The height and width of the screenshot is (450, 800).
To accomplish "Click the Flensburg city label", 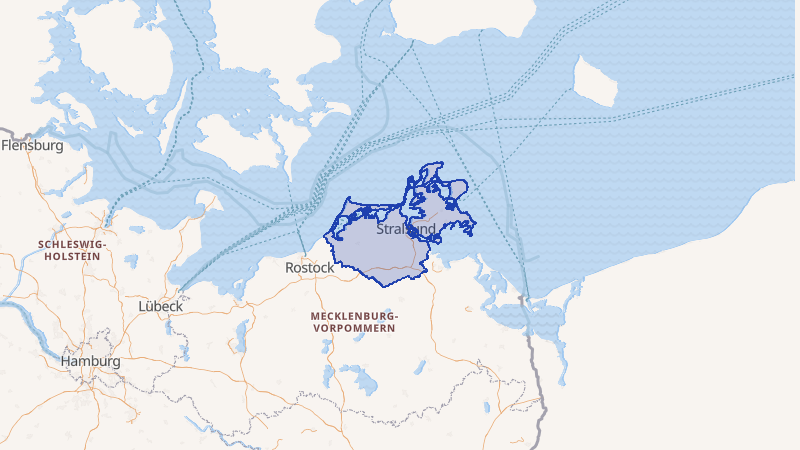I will coord(32,145).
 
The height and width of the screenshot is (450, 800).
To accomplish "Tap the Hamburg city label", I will coord(90,361).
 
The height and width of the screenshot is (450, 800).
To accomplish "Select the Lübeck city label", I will coord(159,305).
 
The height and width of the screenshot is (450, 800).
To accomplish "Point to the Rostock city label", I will coord(310,268).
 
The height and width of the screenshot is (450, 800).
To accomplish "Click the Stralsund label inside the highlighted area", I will coord(406,229).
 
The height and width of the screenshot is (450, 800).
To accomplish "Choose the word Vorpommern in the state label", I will coord(355,328).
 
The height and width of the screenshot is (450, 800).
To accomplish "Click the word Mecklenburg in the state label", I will coord(355,316).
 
